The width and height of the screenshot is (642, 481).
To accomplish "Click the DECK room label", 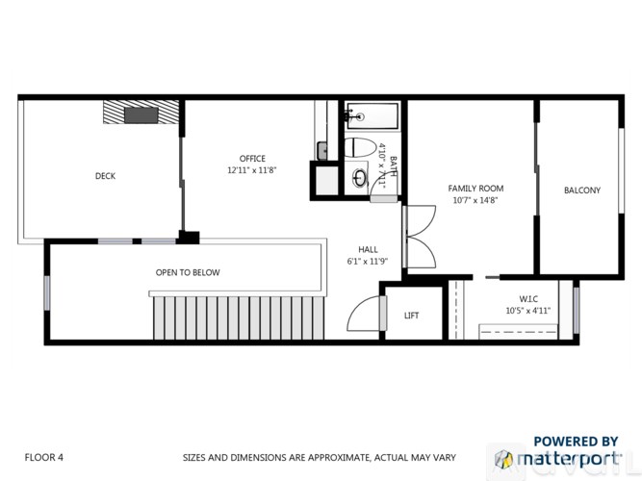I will (x=106, y=176).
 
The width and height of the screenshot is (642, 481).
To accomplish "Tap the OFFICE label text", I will (x=252, y=159).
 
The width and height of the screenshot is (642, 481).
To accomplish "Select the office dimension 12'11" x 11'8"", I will (x=252, y=170).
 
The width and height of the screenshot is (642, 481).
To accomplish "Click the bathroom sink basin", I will (x=360, y=178).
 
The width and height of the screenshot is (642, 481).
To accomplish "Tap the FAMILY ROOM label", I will (x=476, y=189).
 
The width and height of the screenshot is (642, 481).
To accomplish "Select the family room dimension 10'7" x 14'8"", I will (x=476, y=201).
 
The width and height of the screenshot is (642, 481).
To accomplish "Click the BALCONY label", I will (x=581, y=190).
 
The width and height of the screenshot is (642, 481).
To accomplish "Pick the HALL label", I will (x=368, y=248).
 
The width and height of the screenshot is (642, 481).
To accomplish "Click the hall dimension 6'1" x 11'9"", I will (x=368, y=261).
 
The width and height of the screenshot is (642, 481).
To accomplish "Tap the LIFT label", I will (x=411, y=316).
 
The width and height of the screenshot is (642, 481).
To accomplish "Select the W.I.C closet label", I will (x=527, y=297).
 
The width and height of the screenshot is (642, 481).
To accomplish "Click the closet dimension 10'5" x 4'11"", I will (x=527, y=311).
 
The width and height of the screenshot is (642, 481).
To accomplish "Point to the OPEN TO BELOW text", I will (x=188, y=272).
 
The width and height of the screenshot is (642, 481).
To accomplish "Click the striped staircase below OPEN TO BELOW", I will (x=241, y=317).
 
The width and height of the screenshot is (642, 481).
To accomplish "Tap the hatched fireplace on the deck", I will (x=141, y=113).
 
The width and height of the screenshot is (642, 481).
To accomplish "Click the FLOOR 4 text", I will (x=44, y=457).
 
